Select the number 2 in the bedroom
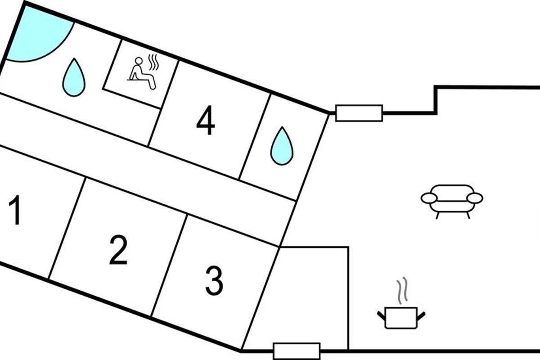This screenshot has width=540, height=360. point(118,250)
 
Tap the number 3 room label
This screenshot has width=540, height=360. point(214,281)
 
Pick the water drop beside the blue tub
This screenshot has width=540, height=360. point(74,78)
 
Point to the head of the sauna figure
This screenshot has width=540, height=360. point(139,60)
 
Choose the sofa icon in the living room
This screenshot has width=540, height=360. point(452,199)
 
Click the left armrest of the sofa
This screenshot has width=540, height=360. point(429,198)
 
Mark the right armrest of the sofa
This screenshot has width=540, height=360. point(475,198)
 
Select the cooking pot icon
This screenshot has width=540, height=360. point(401,317)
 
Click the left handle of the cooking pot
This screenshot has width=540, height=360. point(381,315)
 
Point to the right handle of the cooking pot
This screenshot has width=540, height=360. point(421,315)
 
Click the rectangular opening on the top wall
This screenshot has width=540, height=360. point(359,113)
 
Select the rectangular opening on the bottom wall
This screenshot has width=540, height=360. point(297,351)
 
